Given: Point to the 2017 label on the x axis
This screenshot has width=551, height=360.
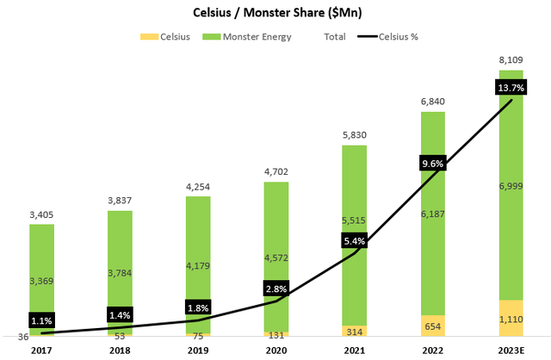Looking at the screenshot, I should point(41,350).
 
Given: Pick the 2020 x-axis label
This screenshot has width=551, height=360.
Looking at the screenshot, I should point(275,350).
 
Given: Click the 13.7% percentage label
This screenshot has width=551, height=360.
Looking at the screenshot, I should point(511,89).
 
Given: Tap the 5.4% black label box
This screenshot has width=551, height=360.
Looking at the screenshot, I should point(355,242).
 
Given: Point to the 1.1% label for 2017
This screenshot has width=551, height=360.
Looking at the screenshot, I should point(41,320).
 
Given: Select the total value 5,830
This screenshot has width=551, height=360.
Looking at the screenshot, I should point(355,135).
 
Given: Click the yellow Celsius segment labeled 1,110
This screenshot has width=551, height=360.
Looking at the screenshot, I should point(511,318).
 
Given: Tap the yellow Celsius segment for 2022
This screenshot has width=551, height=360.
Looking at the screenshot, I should point(433,326).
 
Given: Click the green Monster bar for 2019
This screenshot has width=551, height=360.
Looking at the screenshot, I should point(198,258).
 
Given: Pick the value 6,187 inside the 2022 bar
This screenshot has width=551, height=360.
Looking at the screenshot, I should point(433,213).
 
